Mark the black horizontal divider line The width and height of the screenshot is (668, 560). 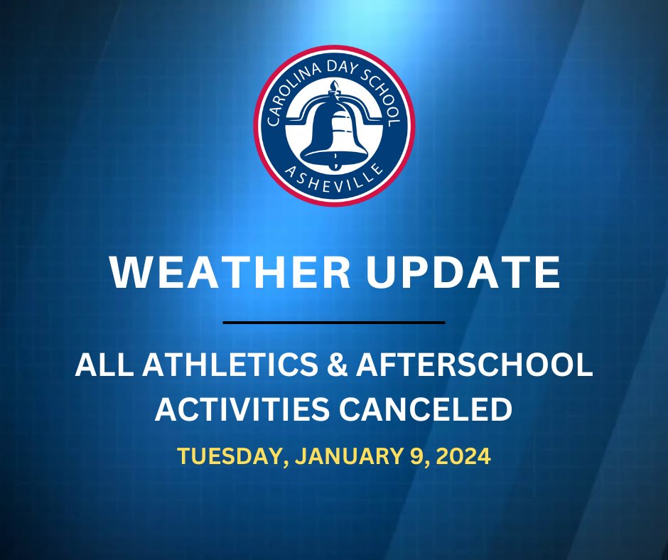[334, 323]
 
